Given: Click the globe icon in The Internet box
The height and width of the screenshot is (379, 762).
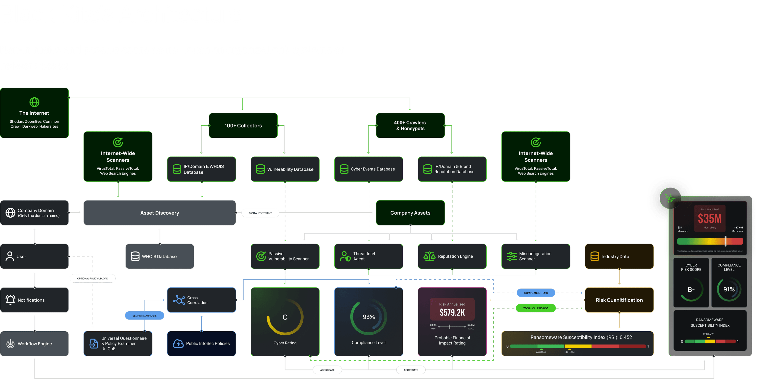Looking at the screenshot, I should click(x=34, y=102).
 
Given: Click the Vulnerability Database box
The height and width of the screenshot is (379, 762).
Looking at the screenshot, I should click(x=285, y=169).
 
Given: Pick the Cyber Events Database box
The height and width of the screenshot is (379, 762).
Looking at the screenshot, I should click(x=368, y=169).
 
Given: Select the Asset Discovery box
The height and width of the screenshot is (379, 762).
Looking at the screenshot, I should click(x=160, y=213).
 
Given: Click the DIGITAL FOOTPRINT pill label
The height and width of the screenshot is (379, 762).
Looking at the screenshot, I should click(x=260, y=213).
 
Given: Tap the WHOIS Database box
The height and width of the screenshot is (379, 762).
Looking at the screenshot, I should click(x=160, y=256).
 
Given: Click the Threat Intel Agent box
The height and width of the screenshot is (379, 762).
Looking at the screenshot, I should click(x=368, y=256).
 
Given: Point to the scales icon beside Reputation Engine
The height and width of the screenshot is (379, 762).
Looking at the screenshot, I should click(x=429, y=256).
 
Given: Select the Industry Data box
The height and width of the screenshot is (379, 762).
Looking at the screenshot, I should click(x=619, y=256).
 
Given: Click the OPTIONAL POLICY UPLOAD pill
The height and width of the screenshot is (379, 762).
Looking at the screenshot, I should click(x=93, y=278).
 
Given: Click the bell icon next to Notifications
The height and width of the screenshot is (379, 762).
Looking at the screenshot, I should click(x=10, y=300).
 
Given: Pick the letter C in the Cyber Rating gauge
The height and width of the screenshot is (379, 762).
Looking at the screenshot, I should click(x=285, y=317).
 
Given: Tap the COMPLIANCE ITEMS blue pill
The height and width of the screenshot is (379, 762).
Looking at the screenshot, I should click(x=536, y=293).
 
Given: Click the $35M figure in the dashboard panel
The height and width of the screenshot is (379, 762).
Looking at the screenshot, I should click(x=710, y=219).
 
